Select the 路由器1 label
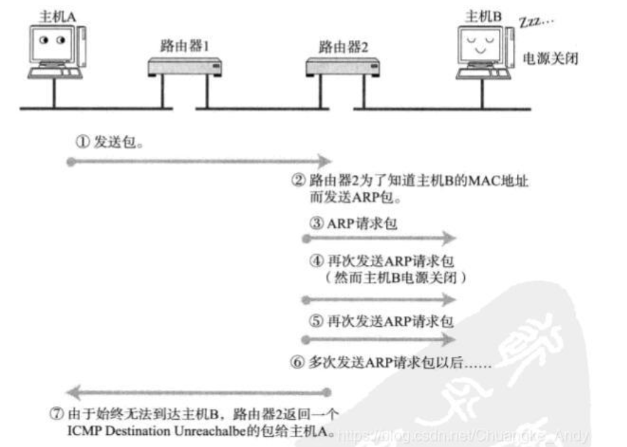(x=181, y=47)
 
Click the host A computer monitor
(x=54, y=44)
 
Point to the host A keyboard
(x=55, y=73)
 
